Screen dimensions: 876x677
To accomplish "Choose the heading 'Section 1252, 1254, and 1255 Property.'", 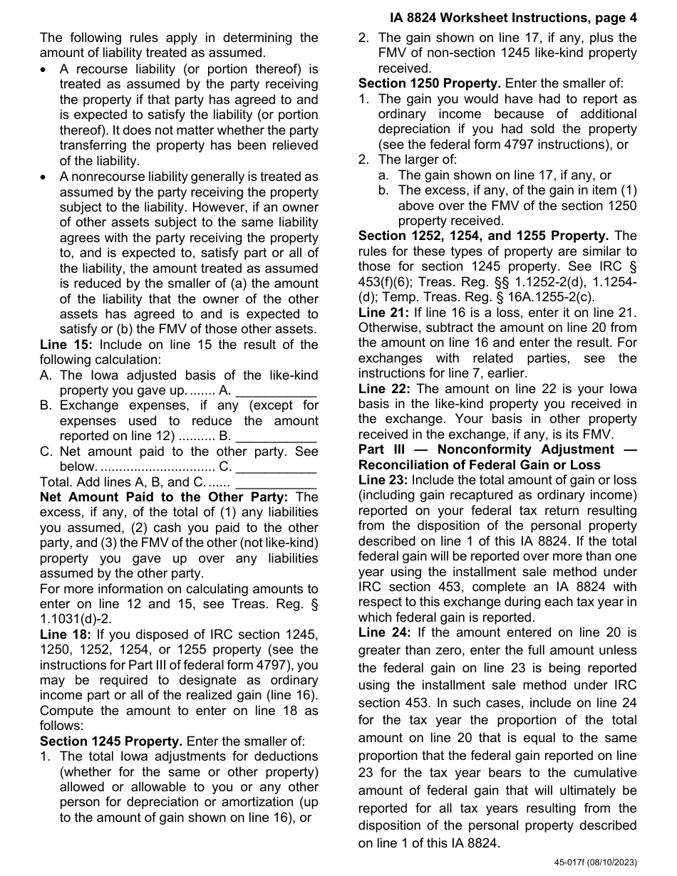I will pyautogui.click(x=483, y=236).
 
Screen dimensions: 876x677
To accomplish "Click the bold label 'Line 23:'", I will pyautogui.click(x=383, y=480).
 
